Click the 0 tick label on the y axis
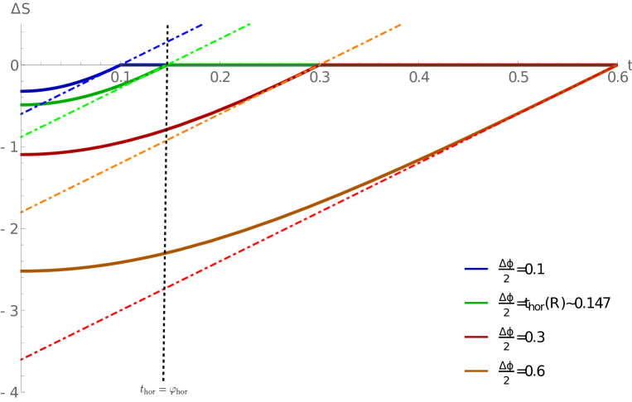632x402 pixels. pyautogui.click(x=11, y=65)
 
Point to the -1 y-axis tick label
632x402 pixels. pyautogui.click(x=9, y=146)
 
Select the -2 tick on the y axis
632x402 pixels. pyautogui.click(x=9, y=228)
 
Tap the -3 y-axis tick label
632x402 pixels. pyautogui.click(x=9, y=310)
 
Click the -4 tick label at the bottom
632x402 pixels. pyautogui.click(x=9, y=392)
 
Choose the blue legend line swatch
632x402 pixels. pyautogui.click(x=476, y=270)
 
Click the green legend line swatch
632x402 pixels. pyautogui.click(x=476, y=304)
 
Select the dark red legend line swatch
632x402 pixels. pyautogui.click(x=476, y=337)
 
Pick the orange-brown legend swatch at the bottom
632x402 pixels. pyautogui.click(x=476, y=371)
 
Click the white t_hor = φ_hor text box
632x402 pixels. pyautogui.click(x=164, y=390)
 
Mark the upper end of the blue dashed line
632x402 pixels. pyautogui.click(x=202, y=25)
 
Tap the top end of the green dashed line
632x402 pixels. pyautogui.click(x=250, y=24)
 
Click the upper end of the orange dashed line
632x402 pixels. pyautogui.click(x=401, y=25)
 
